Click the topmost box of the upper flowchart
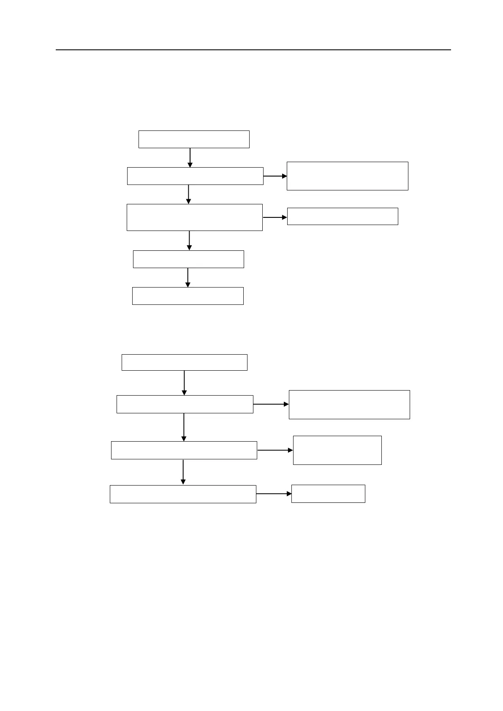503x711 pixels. (194, 139)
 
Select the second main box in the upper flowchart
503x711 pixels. (195, 176)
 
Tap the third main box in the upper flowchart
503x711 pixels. (194, 217)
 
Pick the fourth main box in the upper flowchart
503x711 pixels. (188, 259)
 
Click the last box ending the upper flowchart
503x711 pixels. (188, 296)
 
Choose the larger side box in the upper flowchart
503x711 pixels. (347, 176)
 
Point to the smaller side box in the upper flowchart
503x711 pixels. (343, 216)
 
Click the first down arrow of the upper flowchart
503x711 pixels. (190, 157)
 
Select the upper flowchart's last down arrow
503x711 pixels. (188, 277)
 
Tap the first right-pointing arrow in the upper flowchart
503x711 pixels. (275, 176)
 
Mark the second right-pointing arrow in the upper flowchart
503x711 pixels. (275, 217)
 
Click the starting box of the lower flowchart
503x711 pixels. (184, 362)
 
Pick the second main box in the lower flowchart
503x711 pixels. (185, 404)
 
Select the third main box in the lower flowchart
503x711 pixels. (184, 450)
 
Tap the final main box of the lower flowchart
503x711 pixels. (183, 494)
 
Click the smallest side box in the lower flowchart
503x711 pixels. (328, 494)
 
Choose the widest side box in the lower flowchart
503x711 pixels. (349, 404)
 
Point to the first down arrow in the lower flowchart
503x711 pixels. (185, 383)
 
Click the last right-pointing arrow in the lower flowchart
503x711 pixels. (274, 494)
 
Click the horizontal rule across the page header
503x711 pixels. (253, 50)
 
